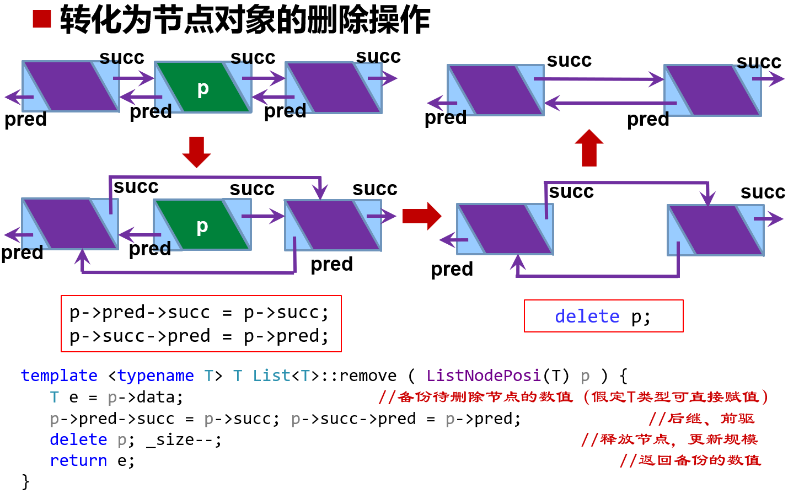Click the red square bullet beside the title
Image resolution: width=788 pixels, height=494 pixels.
coord(41,19)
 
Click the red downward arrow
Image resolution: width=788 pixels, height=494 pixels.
coord(196,152)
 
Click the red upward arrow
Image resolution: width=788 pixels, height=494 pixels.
coord(589,148)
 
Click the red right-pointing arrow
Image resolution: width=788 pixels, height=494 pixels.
coord(422,216)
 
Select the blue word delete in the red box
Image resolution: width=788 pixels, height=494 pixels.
coord(587,316)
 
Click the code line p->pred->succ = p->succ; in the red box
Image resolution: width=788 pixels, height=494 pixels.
coord(199,313)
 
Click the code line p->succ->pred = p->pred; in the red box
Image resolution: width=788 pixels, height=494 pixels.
coord(199,336)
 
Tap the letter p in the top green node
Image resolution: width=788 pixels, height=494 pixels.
coord(203,88)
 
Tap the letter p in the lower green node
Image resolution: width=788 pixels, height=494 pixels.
coord(202,225)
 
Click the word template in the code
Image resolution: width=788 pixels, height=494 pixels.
coord(59,375)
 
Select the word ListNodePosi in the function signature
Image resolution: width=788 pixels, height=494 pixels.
coord(483,375)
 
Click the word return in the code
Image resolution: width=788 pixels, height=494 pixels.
coord(78,460)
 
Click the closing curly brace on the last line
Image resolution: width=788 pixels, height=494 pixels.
coord(25,481)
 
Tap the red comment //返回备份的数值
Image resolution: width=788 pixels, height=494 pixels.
coord(690,460)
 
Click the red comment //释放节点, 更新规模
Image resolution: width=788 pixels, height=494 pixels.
coord(669,439)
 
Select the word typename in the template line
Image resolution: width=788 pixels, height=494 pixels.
coord(156,375)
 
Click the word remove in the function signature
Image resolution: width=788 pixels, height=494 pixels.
coord(368,375)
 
